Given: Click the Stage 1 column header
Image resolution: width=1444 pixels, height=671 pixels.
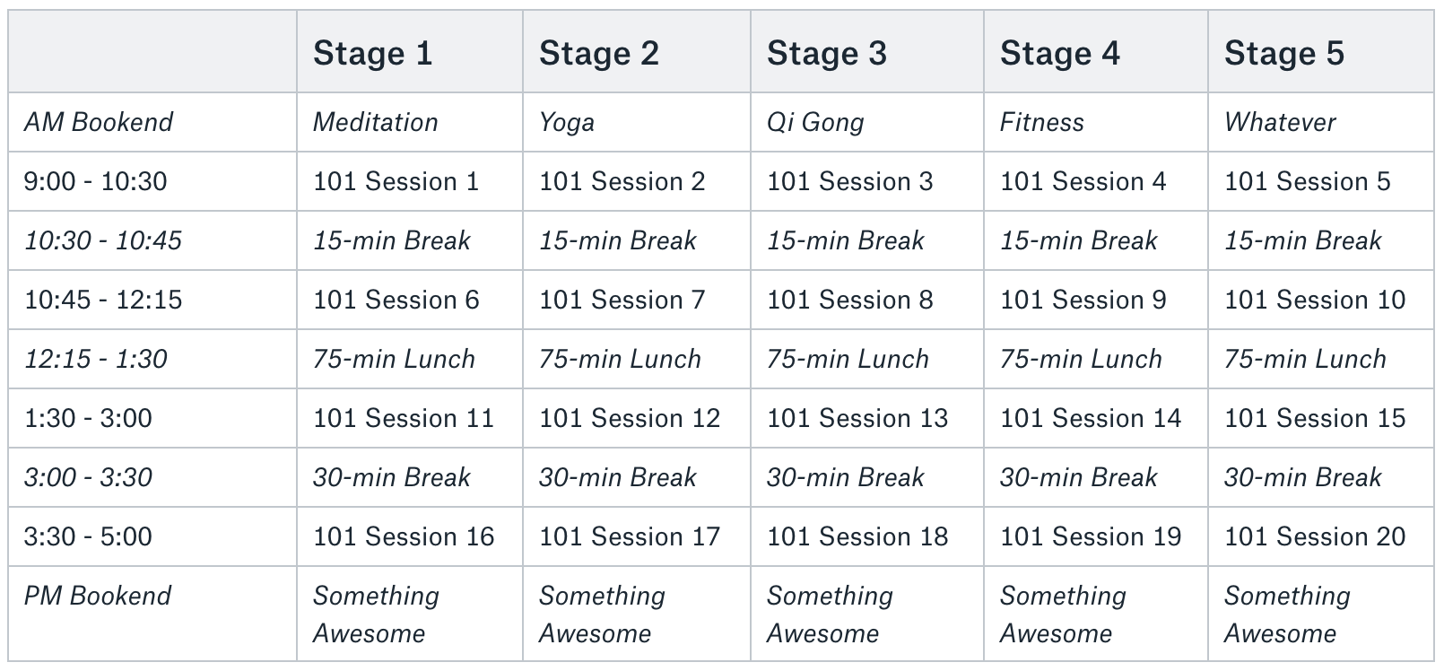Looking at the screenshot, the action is pyautogui.click(x=372, y=53).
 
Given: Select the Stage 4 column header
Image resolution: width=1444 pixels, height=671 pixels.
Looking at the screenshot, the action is pyautogui.click(x=1060, y=53).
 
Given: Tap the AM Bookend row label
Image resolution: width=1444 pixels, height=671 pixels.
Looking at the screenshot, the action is pyautogui.click(x=99, y=122).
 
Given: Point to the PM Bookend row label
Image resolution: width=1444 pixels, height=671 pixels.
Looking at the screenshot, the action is pyautogui.click(x=98, y=596).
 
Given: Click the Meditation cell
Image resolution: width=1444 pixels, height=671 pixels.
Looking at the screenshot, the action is pyautogui.click(x=375, y=122).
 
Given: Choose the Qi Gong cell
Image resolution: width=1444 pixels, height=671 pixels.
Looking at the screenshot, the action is pyautogui.click(x=814, y=123).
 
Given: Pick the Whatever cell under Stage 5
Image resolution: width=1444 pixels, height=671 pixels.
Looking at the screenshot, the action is pyautogui.click(x=1280, y=122).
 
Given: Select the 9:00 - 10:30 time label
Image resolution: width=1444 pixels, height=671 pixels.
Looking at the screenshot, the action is pyautogui.click(x=95, y=181).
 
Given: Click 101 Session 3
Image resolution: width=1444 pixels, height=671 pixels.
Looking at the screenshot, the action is pyautogui.click(x=849, y=181).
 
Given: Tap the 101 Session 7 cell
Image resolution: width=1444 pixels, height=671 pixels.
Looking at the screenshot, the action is pyautogui.click(x=622, y=300).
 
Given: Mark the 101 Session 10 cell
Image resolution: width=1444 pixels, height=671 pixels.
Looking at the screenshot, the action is pyautogui.click(x=1315, y=300).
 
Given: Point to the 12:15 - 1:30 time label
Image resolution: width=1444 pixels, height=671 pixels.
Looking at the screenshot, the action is pyautogui.click(x=95, y=359).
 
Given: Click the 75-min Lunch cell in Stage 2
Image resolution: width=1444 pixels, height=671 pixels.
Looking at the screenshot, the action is pyautogui.click(x=620, y=359).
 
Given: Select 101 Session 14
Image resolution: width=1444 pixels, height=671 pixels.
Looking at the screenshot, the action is pyautogui.click(x=1090, y=418).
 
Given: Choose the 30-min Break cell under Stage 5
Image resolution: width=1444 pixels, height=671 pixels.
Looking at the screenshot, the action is pyautogui.click(x=1302, y=477).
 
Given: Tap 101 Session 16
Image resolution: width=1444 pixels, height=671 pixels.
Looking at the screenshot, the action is pyautogui.click(x=404, y=537).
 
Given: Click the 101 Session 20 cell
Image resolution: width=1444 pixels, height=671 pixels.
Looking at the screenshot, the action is pyautogui.click(x=1315, y=537).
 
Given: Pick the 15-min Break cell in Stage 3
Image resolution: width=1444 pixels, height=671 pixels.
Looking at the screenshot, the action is pyautogui.click(x=845, y=240).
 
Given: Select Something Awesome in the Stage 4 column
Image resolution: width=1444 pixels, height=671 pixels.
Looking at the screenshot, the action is pyautogui.click(x=1062, y=614).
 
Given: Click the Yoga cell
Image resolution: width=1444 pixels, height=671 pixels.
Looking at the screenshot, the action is pyautogui.click(x=567, y=123).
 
